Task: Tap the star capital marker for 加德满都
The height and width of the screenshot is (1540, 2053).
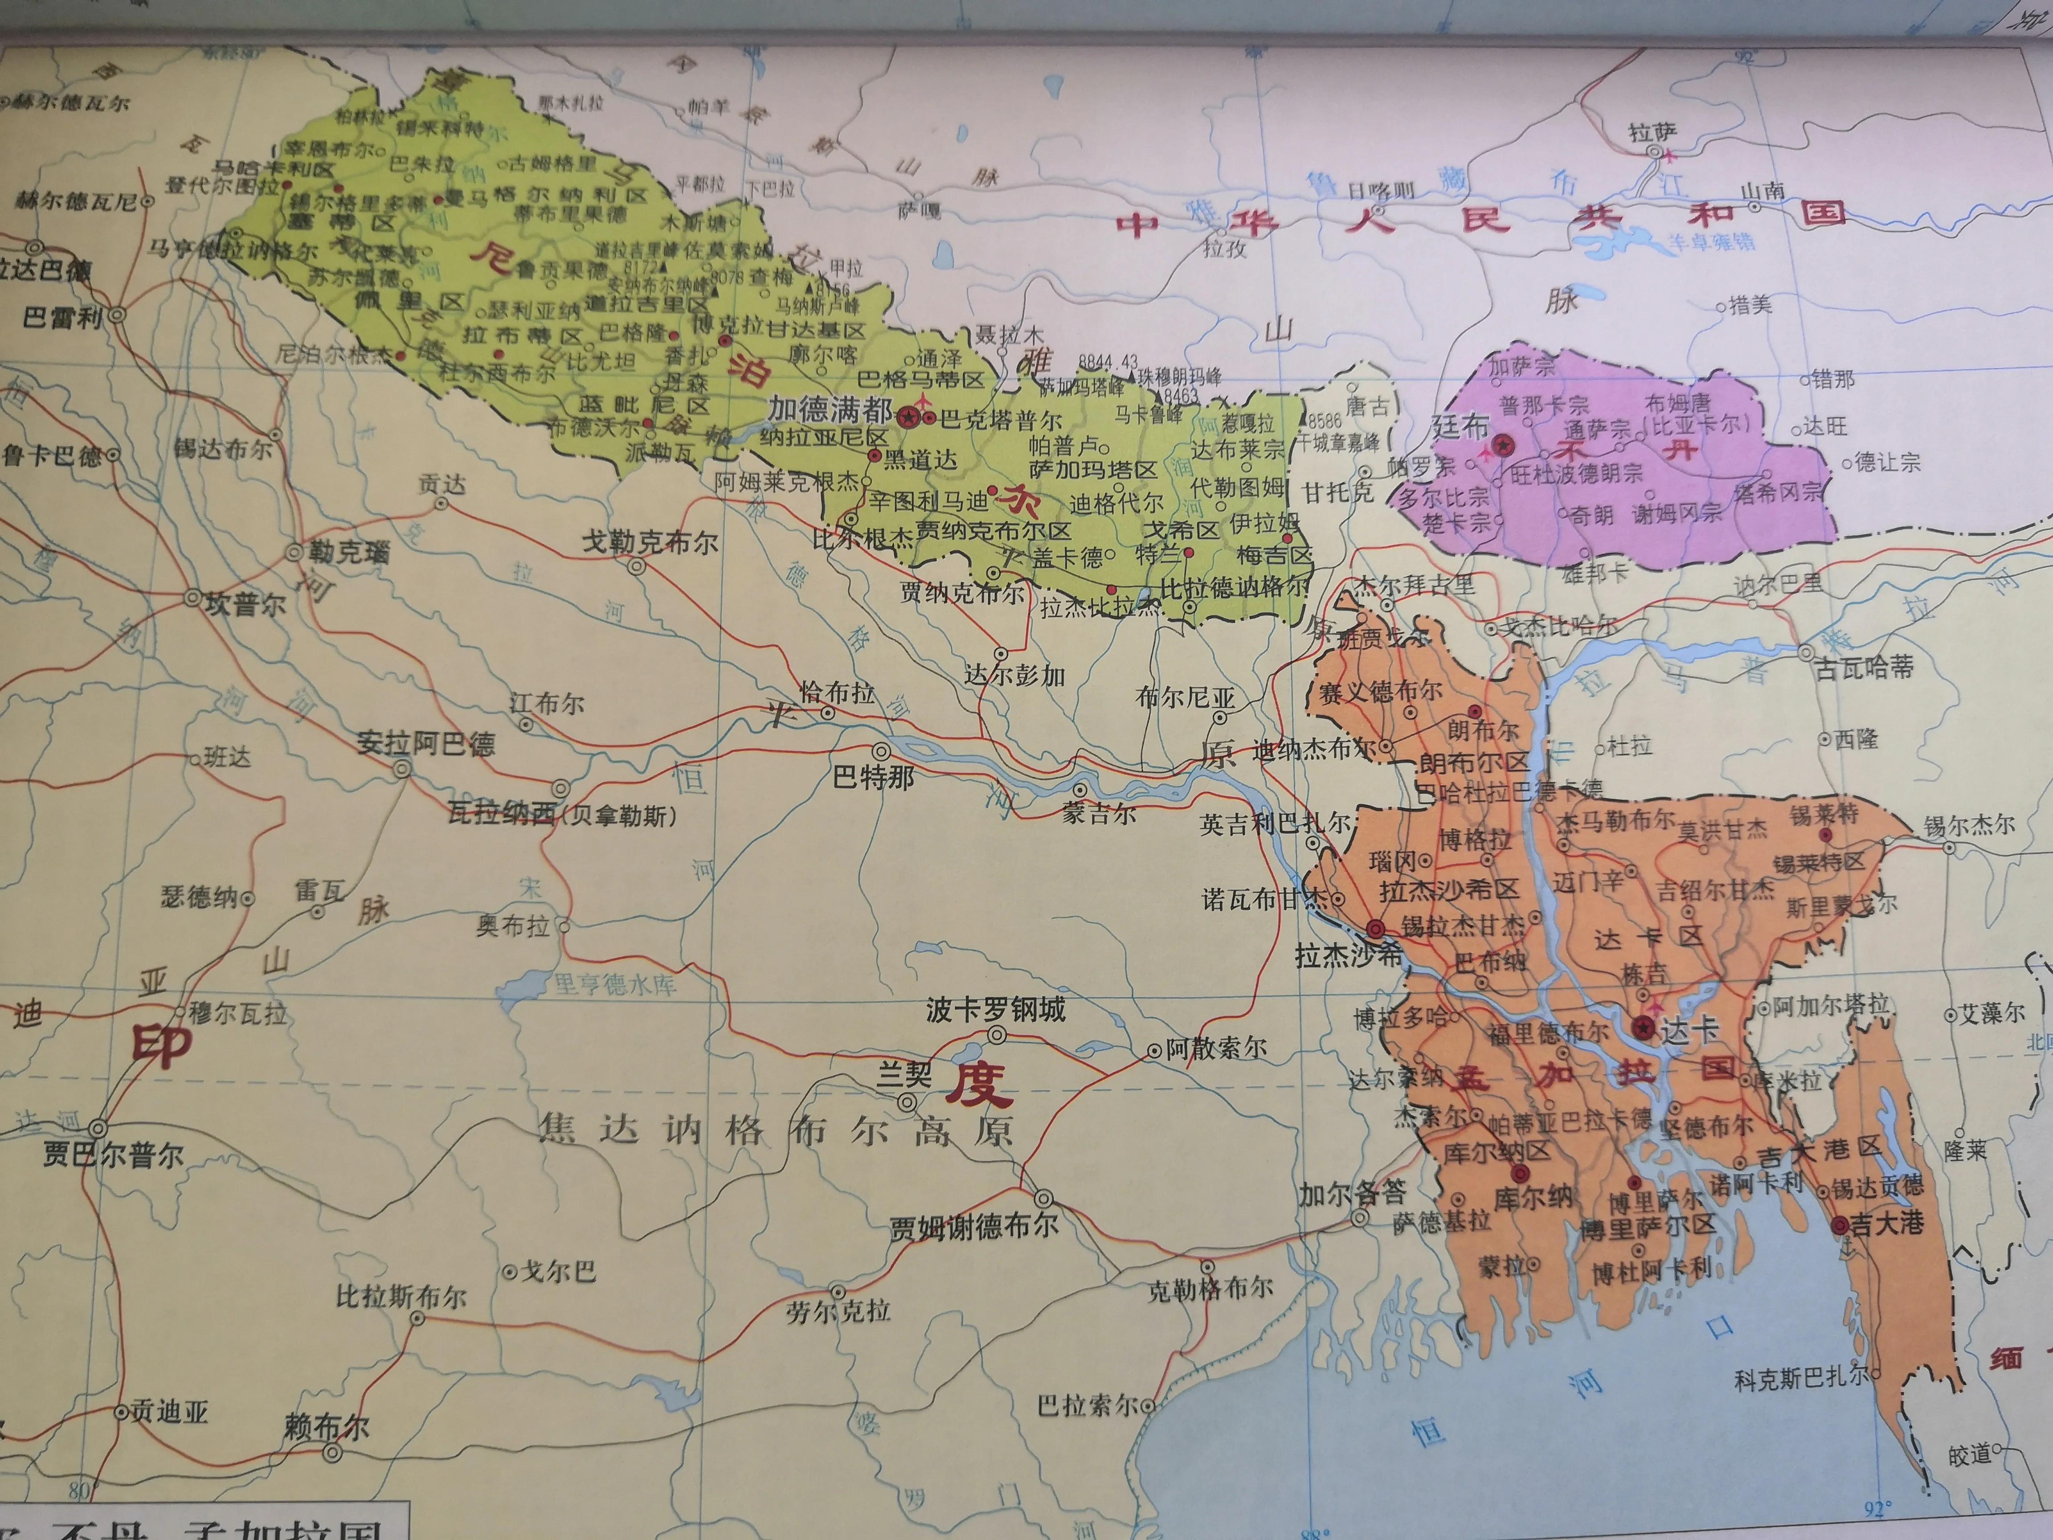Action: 908,417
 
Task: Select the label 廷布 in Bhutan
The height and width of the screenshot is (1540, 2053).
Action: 1461,426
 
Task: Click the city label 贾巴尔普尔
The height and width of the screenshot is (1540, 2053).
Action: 113,1155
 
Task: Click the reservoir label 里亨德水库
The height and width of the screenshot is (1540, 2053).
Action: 615,984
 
